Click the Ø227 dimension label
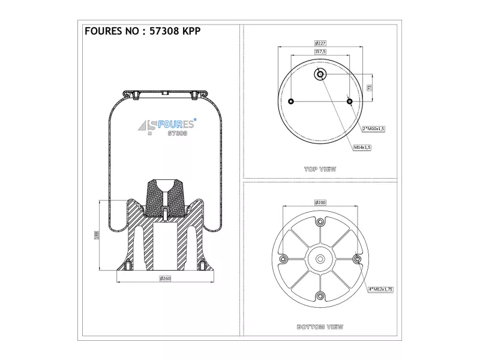[320, 43]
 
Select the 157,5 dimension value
[320, 52]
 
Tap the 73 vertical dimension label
[370, 88]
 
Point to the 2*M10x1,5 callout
[373, 129]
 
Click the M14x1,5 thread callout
[362, 148]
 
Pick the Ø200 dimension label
[320, 203]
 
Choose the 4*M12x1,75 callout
[380, 289]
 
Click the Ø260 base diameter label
[165, 278]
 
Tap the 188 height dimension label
[97, 235]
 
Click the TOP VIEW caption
[320, 169]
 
